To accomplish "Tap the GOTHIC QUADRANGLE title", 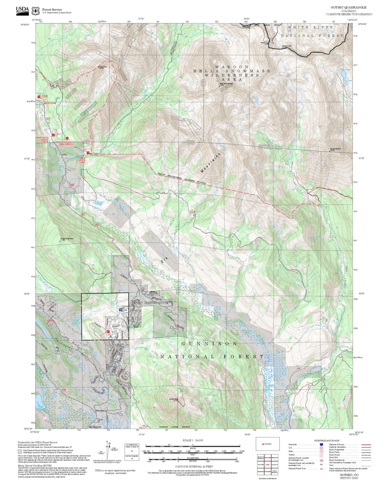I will click(348, 8).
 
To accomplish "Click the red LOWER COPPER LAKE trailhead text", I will click(81, 160).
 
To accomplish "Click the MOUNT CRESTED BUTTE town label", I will click(150, 303).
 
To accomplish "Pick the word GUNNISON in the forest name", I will click(209, 344).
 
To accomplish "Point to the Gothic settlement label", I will click(64, 155).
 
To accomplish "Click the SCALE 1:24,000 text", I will click(193, 440).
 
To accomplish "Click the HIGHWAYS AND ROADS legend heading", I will click(327, 441).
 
